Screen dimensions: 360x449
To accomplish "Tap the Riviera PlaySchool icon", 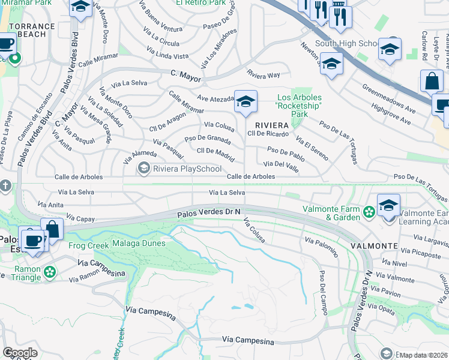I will tap(143, 169).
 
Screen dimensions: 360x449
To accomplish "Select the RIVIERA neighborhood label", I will tap(268, 125).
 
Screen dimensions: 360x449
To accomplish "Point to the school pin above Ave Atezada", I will tap(246, 102).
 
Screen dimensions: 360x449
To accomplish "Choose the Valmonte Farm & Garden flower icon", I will tap(369, 211).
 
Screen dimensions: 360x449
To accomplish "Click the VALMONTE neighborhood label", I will tap(375, 246).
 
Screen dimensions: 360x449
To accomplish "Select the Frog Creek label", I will tap(88, 245).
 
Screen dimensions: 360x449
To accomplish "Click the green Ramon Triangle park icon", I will tap(49, 272).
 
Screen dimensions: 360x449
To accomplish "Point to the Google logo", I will tap(20, 353).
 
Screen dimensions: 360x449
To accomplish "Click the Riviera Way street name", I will tap(264, 76).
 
